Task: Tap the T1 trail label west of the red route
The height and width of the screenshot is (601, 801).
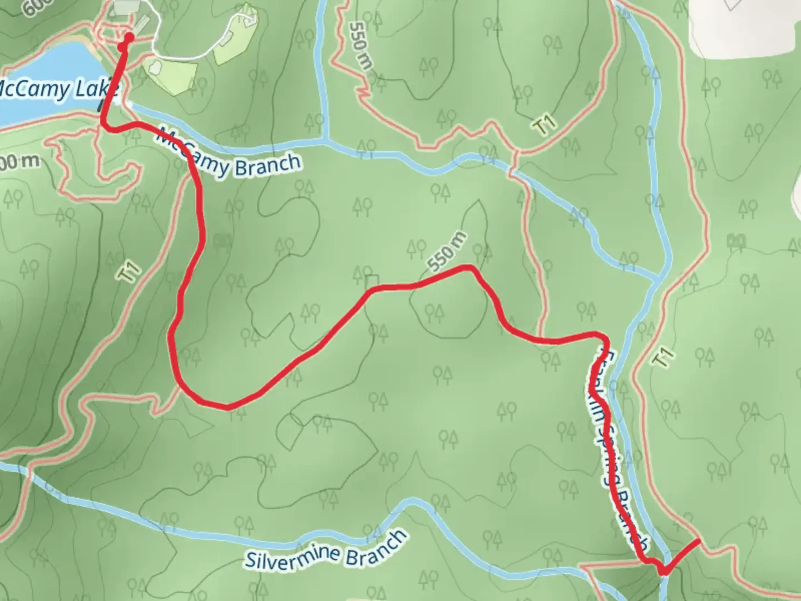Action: point(131,274)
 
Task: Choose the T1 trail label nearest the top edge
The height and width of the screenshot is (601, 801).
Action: point(545,125)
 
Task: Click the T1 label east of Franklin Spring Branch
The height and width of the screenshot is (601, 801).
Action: point(664,357)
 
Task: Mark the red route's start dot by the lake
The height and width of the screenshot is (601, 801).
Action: point(128,38)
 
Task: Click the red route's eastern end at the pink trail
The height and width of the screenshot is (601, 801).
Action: point(698,540)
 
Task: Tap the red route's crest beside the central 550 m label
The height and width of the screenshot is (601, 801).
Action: point(467,269)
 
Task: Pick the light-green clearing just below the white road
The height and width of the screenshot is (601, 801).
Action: point(170,72)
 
